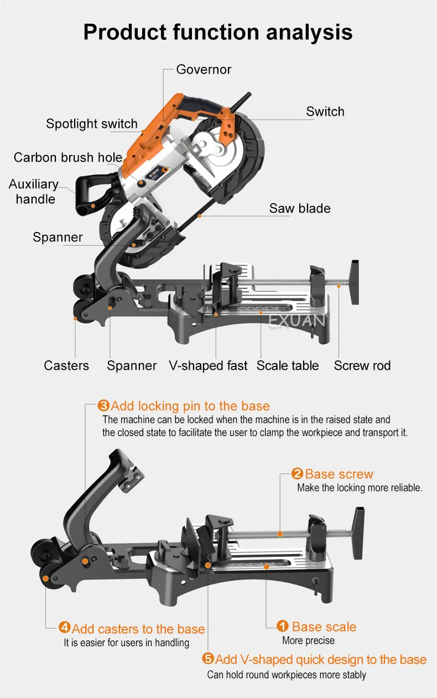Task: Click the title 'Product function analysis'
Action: (x=218, y=32)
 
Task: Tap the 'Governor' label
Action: (x=204, y=70)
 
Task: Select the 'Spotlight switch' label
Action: (x=92, y=123)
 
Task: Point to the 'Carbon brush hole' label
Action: (x=68, y=157)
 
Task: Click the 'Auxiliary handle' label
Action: (x=34, y=192)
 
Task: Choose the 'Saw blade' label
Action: (x=300, y=209)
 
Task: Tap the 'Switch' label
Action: (x=325, y=112)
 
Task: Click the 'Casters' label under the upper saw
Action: (x=66, y=366)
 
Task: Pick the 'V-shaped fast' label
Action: (x=207, y=366)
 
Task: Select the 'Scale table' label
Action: (x=288, y=366)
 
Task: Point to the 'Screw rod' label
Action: (x=362, y=366)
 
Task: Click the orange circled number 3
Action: (x=103, y=406)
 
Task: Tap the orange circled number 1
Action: (x=283, y=627)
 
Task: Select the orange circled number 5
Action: (x=208, y=659)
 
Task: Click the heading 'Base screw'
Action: (x=339, y=474)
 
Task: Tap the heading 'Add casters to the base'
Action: (x=138, y=629)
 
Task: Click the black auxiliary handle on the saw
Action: (x=89, y=191)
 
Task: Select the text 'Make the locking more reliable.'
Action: (x=360, y=488)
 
